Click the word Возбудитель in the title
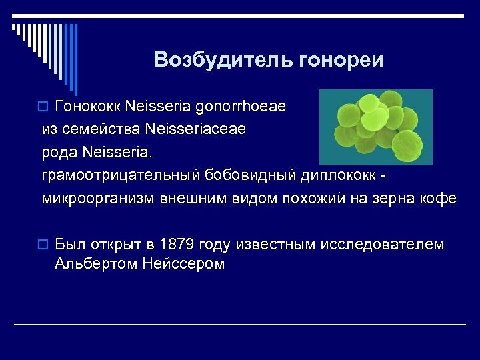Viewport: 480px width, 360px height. tap(213, 60)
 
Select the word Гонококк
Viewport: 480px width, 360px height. tap(87, 107)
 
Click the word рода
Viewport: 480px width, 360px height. tap(61, 153)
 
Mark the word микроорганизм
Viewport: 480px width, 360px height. tap(98, 198)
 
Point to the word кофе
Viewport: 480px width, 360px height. tap(439, 198)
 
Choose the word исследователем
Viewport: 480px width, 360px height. tap(382, 245)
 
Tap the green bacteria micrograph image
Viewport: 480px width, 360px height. tap(375, 127)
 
